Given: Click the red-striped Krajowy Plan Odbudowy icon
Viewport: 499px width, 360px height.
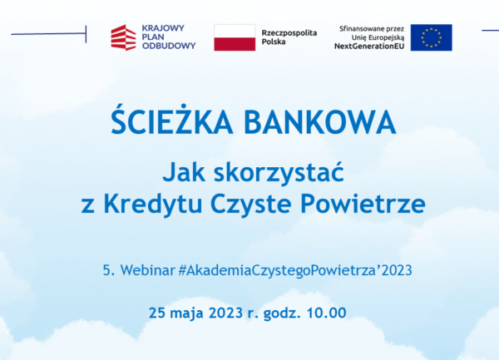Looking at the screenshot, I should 123,37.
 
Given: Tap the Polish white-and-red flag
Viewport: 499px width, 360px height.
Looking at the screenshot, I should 235,37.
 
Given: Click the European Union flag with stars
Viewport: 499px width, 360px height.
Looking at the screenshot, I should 431,37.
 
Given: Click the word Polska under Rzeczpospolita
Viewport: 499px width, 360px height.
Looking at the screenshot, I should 275,43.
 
